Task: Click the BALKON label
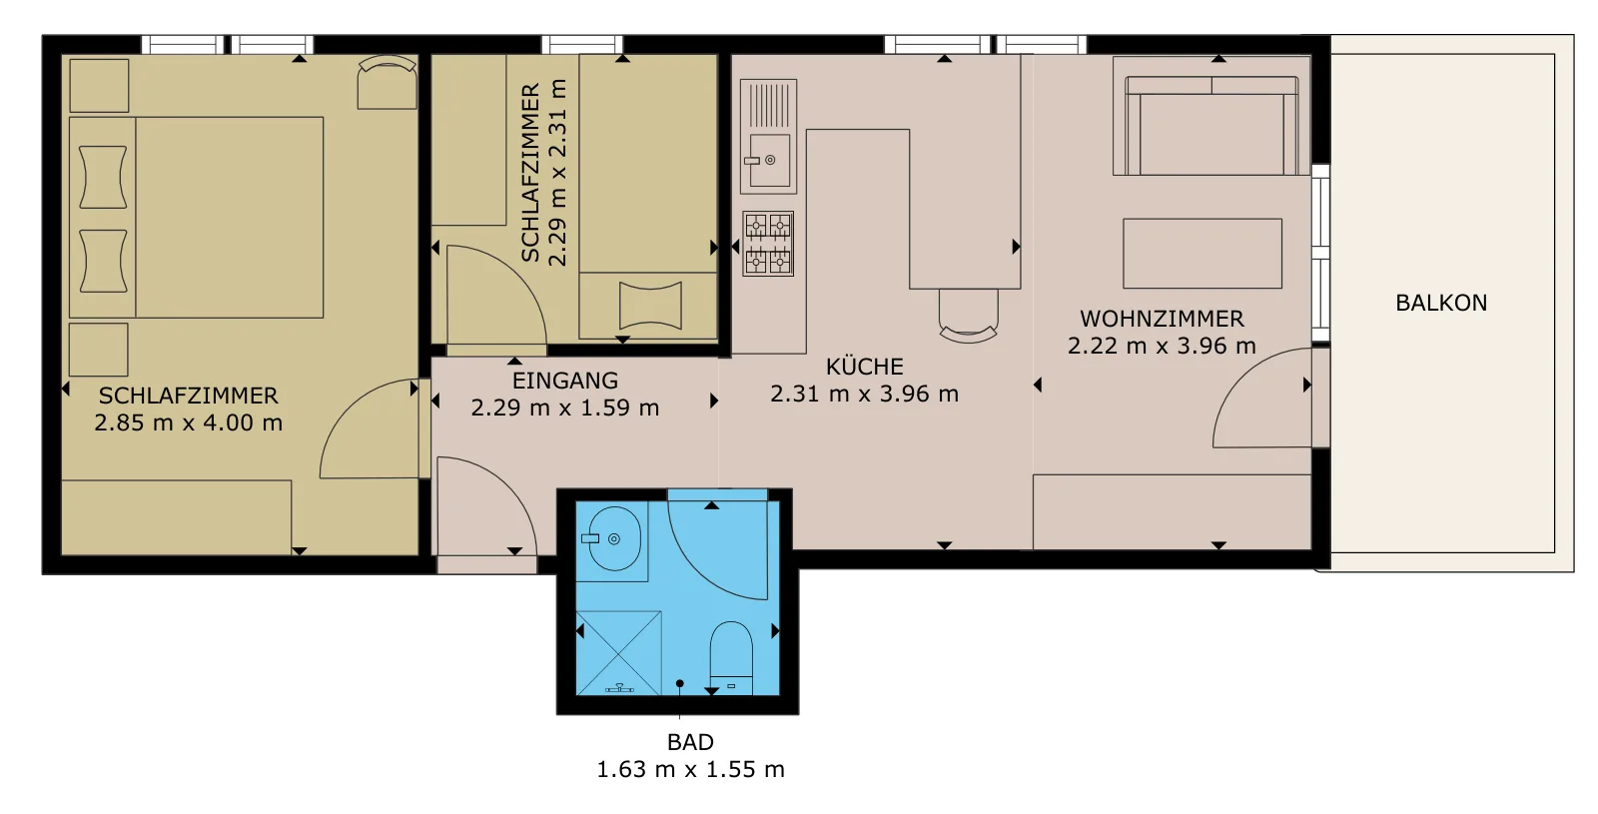tap(1441, 304)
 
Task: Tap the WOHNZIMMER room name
tap(1162, 319)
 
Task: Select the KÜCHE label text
tap(865, 366)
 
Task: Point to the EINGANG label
tap(565, 381)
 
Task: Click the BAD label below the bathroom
tap(690, 742)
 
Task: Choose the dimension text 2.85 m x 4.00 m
tap(189, 422)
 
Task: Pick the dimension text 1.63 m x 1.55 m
tap(690, 769)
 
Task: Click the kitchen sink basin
tap(769, 160)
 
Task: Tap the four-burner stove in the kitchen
tap(768, 244)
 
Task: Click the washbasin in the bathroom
tap(613, 538)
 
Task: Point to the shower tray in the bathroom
tap(618, 653)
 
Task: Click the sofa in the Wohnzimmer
tap(1211, 126)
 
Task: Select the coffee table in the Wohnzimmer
tap(1202, 254)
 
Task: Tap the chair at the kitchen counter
tap(968, 316)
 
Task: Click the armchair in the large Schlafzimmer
tap(387, 83)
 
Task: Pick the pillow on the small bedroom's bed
tap(650, 306)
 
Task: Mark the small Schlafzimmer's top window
tap(582, 44)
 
